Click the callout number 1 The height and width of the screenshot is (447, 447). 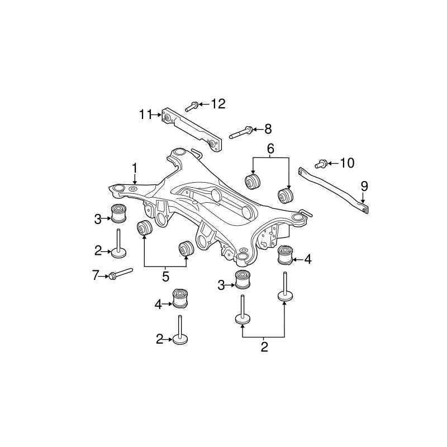point(135,168)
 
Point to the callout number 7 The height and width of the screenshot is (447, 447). point(95,274)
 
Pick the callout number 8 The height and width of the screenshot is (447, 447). point(268,130)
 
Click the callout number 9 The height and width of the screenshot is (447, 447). point(364,186)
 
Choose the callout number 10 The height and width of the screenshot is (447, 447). point(347,163)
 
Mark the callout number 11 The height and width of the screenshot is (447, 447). point(145,115)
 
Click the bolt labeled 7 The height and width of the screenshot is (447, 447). point(120,273)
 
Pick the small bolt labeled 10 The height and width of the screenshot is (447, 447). point(321,164)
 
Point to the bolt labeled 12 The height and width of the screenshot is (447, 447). point(191,106)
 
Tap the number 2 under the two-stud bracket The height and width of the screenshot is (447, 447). point(264,347)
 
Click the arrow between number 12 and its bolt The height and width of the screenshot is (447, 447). point(203,104)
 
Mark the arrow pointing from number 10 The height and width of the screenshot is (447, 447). point(333,163)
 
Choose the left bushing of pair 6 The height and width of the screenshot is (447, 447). point(254,182)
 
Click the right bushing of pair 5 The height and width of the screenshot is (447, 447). point(186,249)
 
